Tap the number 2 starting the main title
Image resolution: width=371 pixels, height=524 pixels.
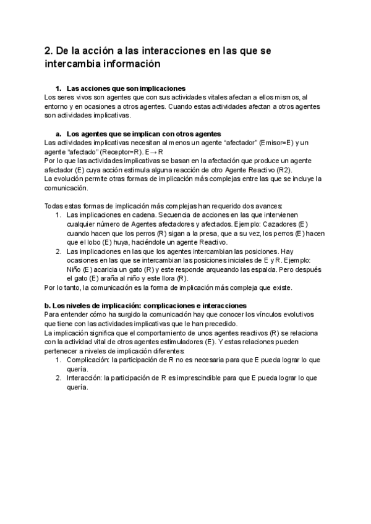pos(49,50)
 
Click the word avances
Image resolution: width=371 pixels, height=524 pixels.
pos(268,206)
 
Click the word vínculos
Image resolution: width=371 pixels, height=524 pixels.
pos(264,315)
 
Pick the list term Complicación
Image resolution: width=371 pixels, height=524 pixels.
pos(83,360)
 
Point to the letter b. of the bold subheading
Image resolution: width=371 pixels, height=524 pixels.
pos(48,305)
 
